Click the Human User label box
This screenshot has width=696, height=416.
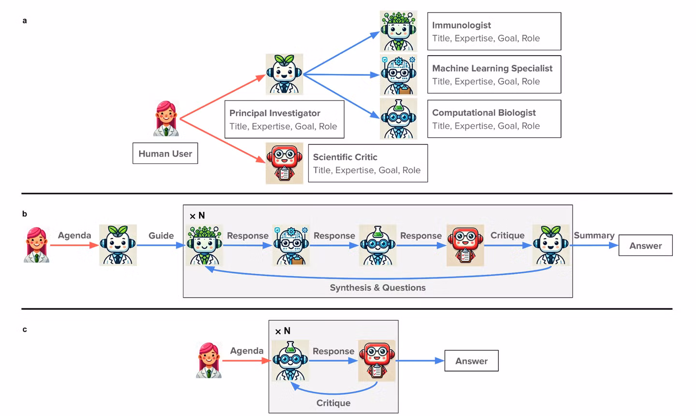(x=165, y=153)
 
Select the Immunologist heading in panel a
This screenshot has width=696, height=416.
(x=462, y=25)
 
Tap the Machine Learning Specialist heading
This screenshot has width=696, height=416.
(x=492, y=68)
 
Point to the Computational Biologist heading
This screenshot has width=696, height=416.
(x=484, y=113)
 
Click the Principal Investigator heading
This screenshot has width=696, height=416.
(x=275, y=113)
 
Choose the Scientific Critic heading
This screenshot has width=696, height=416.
(x=345, y=157)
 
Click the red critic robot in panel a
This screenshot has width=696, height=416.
(x=284, y=163)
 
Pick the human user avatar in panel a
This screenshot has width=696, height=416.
(x=166, y=119)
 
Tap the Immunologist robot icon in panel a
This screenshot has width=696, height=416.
(x=398, y=31)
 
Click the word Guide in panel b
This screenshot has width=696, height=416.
(x=161, y=236)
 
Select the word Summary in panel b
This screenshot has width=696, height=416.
(x=594, y=236)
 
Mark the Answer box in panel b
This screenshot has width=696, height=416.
(x=645, y=245)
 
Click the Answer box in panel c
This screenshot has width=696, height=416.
(x=471, y=361)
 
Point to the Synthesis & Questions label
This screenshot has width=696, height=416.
(x=377, y=288)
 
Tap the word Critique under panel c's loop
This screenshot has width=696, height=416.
(x=333, y=403)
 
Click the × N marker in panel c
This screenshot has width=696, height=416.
(x=283, y=331)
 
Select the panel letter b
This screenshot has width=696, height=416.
(x=25, y=214)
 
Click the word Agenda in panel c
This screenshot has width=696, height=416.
(x=246, y=351)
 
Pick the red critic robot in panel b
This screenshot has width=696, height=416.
(x=465, y=245)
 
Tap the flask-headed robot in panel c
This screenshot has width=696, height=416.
(x=290, y=361)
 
